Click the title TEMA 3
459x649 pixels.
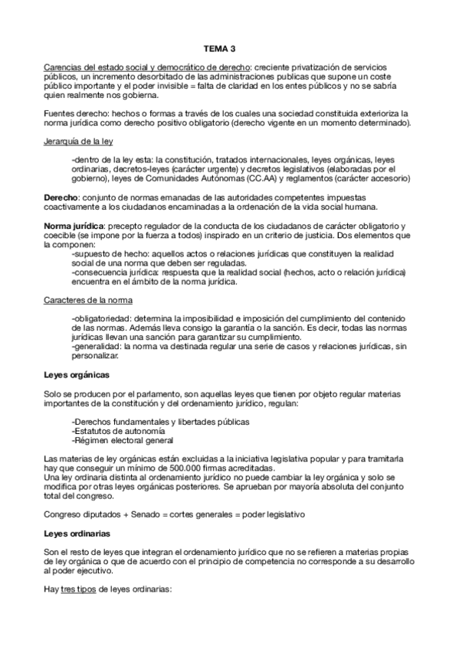click(x=230, y=47)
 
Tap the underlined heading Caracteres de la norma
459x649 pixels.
click(x=88, y=301)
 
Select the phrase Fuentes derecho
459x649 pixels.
click(x=72, y=113)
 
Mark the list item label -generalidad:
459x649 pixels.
click(x=95, y=347)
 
